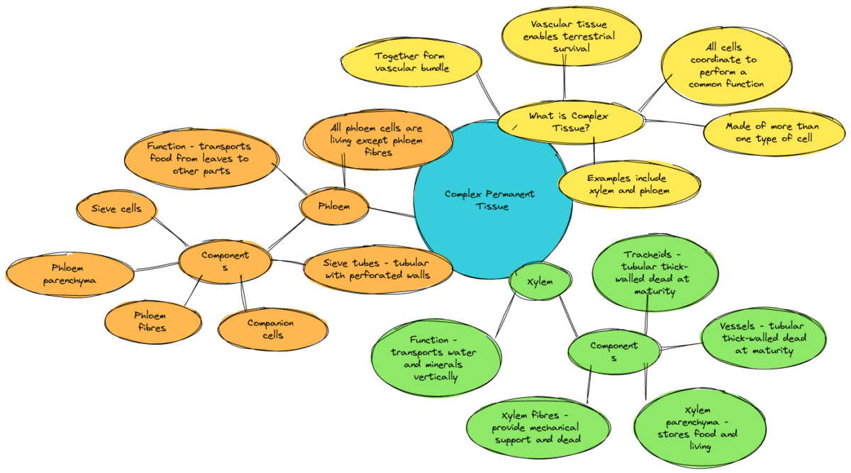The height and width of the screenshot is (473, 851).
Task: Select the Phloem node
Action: (x=334, y=207)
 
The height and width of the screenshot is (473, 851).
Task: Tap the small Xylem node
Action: (x=540, y=282)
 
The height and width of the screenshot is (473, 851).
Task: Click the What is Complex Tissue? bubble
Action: (x=569, y=121)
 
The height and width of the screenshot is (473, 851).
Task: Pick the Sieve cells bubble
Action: (x=117, y=208)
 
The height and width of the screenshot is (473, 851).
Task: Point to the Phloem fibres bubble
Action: (x=150, y=321)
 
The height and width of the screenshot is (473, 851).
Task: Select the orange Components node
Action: (x=225, y=261)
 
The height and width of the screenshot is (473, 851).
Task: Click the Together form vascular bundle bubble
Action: (x=411, y=62)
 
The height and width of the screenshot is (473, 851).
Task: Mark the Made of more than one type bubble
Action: (x=773, y=132)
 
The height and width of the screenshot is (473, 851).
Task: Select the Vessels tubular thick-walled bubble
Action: (x=762, y=338)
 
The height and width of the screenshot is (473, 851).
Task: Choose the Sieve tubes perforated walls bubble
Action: (x=377, y=269)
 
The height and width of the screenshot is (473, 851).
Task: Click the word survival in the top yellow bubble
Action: (x=571, y=49)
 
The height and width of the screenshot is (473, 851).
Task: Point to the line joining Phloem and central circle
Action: (x=391, y=211)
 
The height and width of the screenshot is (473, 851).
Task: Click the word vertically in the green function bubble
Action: (x=436, y=377)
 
